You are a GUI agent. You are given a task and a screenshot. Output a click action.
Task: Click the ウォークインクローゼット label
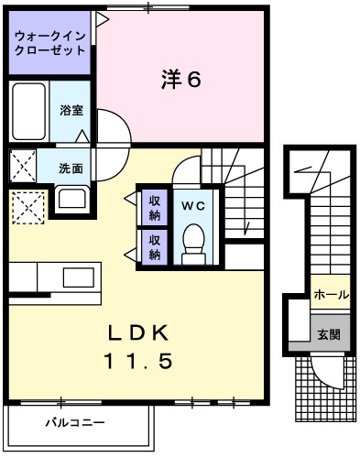pos(50,43)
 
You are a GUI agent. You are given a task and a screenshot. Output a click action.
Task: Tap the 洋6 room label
pos(180,79)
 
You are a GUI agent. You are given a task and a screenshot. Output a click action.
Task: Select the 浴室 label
pos(71,111)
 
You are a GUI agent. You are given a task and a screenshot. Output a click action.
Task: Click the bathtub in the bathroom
pos(28,111)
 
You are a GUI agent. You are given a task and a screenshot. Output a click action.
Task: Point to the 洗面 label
pos(71,169)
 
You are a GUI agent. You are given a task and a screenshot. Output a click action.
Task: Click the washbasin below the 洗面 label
pos(71,198)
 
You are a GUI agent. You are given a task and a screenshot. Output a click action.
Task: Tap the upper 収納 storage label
pos(155,209)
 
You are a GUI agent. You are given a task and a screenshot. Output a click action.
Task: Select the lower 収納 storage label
pos(155,247)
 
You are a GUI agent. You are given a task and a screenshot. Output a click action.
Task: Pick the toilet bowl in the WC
pos(192,242)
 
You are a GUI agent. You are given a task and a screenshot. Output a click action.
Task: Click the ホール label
pos(330,295)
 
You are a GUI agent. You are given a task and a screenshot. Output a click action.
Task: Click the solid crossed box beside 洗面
pos(22,167)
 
